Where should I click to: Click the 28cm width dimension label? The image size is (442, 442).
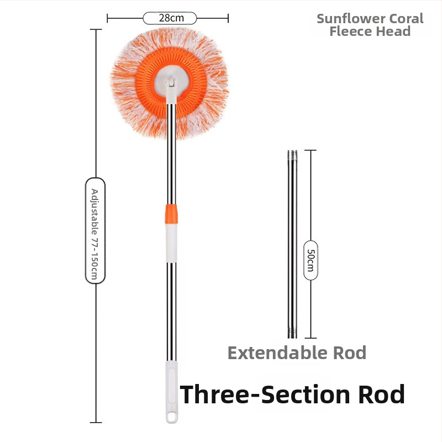tap(170, 18)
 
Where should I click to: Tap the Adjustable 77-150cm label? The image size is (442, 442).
tap(95, 230)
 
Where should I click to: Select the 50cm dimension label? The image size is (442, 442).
tap(311, 260)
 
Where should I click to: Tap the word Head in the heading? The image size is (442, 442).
tap(392, 31)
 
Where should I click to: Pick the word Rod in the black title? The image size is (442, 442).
tap(382, 394)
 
